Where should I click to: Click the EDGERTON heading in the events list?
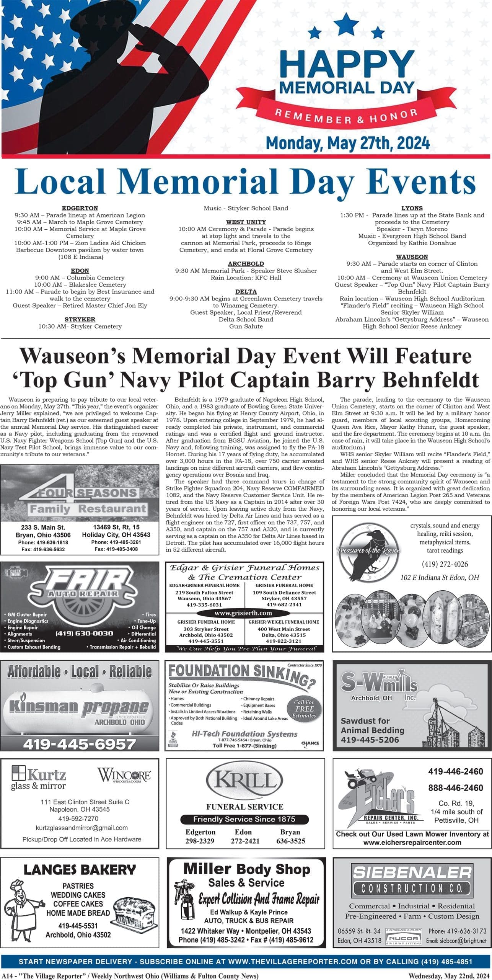(x=80, y=208)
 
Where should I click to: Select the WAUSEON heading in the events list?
(x=412, y=257)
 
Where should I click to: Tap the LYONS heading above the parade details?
(x=412, y=208)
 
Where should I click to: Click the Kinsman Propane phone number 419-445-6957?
(x=80, y=744)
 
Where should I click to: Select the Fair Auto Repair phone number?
(x=84, y=633)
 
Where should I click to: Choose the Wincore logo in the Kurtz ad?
(x=124, y=775)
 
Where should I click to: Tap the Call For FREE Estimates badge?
(x=304, y=709)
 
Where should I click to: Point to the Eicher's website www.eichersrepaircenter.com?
(x=412, y=843)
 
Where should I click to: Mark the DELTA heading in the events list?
(x=246, y=292)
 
